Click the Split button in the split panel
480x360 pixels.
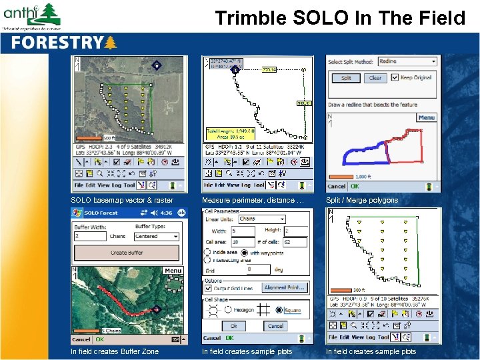pos(346,78)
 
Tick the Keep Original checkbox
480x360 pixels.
pos(395,77)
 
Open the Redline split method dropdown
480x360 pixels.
pos(407,61)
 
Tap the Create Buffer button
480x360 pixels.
pos(127,253)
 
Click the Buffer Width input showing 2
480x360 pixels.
pos(90,236)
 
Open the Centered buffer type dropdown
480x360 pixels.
pos(157,236)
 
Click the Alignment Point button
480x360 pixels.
pos(285,287)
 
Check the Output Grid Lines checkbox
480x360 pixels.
pos(208,287)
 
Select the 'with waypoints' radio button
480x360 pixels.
pos(246,252)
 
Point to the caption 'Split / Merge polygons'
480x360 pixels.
pos(362,200)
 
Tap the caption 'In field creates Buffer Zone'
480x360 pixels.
pos(115,351)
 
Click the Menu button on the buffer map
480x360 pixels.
pos(173,271)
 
